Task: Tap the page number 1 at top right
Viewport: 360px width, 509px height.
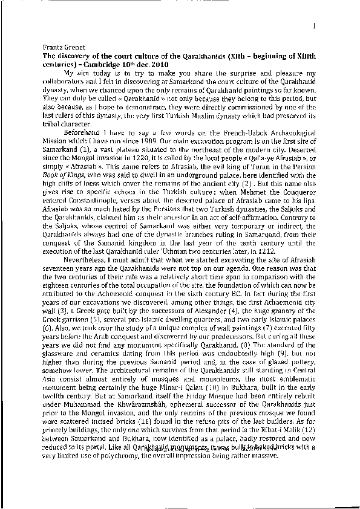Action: tap(316, 25)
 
